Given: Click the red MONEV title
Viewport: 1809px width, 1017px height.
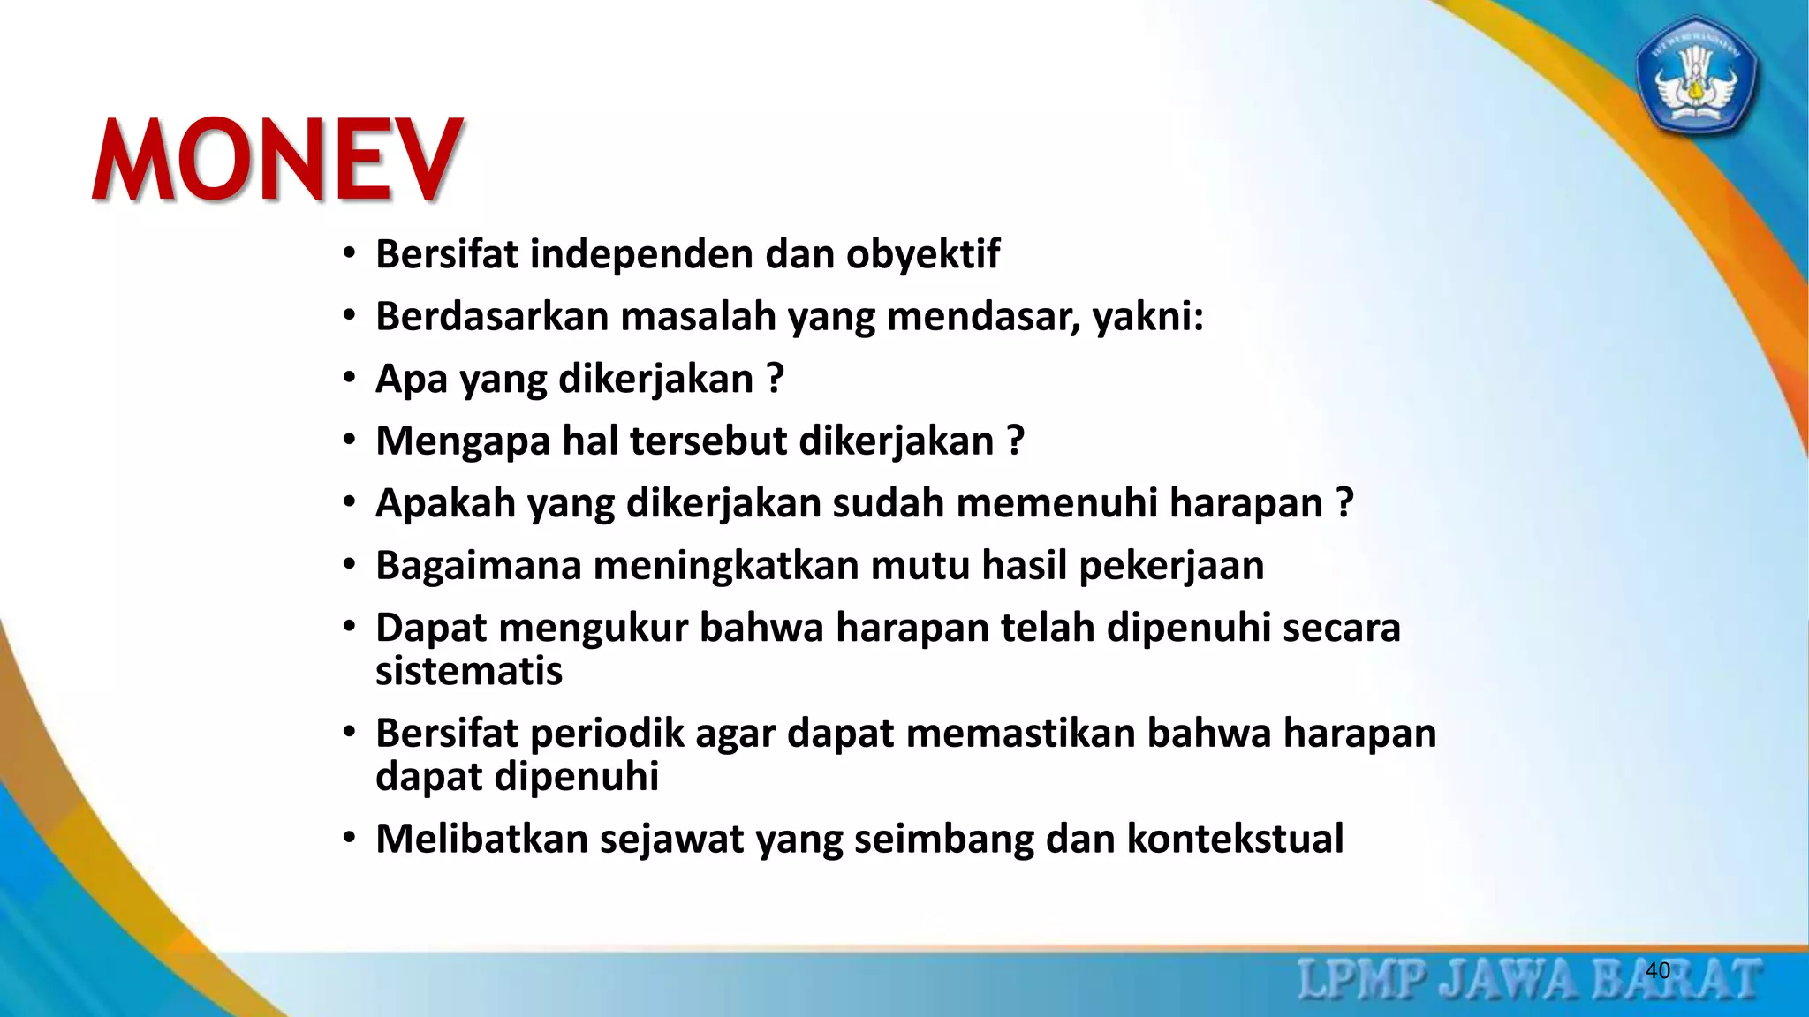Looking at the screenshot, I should point(277,161).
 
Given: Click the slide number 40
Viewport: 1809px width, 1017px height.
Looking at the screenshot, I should point(1658,970).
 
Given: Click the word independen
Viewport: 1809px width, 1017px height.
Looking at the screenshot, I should point(641,254).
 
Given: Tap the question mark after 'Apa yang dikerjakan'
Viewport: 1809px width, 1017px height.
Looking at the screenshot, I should point(776,379).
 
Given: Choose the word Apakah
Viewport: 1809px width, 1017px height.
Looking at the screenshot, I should point(445,503).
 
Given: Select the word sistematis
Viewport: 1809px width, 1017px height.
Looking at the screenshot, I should point(469,671).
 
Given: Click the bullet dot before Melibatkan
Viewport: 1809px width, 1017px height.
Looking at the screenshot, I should point(350,837).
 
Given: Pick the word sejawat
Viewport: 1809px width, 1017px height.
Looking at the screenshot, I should point(671,839).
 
